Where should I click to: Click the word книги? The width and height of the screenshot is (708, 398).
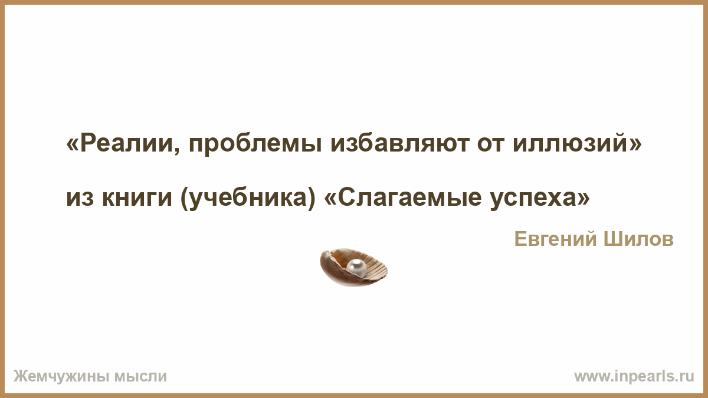[x=137, y=198]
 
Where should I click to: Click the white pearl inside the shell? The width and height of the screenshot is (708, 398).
[x=356, y=268]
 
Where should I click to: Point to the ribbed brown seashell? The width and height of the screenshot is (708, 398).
[x=354, y=267]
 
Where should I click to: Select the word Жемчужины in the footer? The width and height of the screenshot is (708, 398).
[x=60, y=376]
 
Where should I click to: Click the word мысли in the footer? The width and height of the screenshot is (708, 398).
[x=140, y=377]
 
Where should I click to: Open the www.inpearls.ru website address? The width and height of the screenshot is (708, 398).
[x=634, y=377]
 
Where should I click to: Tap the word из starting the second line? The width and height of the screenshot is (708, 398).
[x=80, y=199]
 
